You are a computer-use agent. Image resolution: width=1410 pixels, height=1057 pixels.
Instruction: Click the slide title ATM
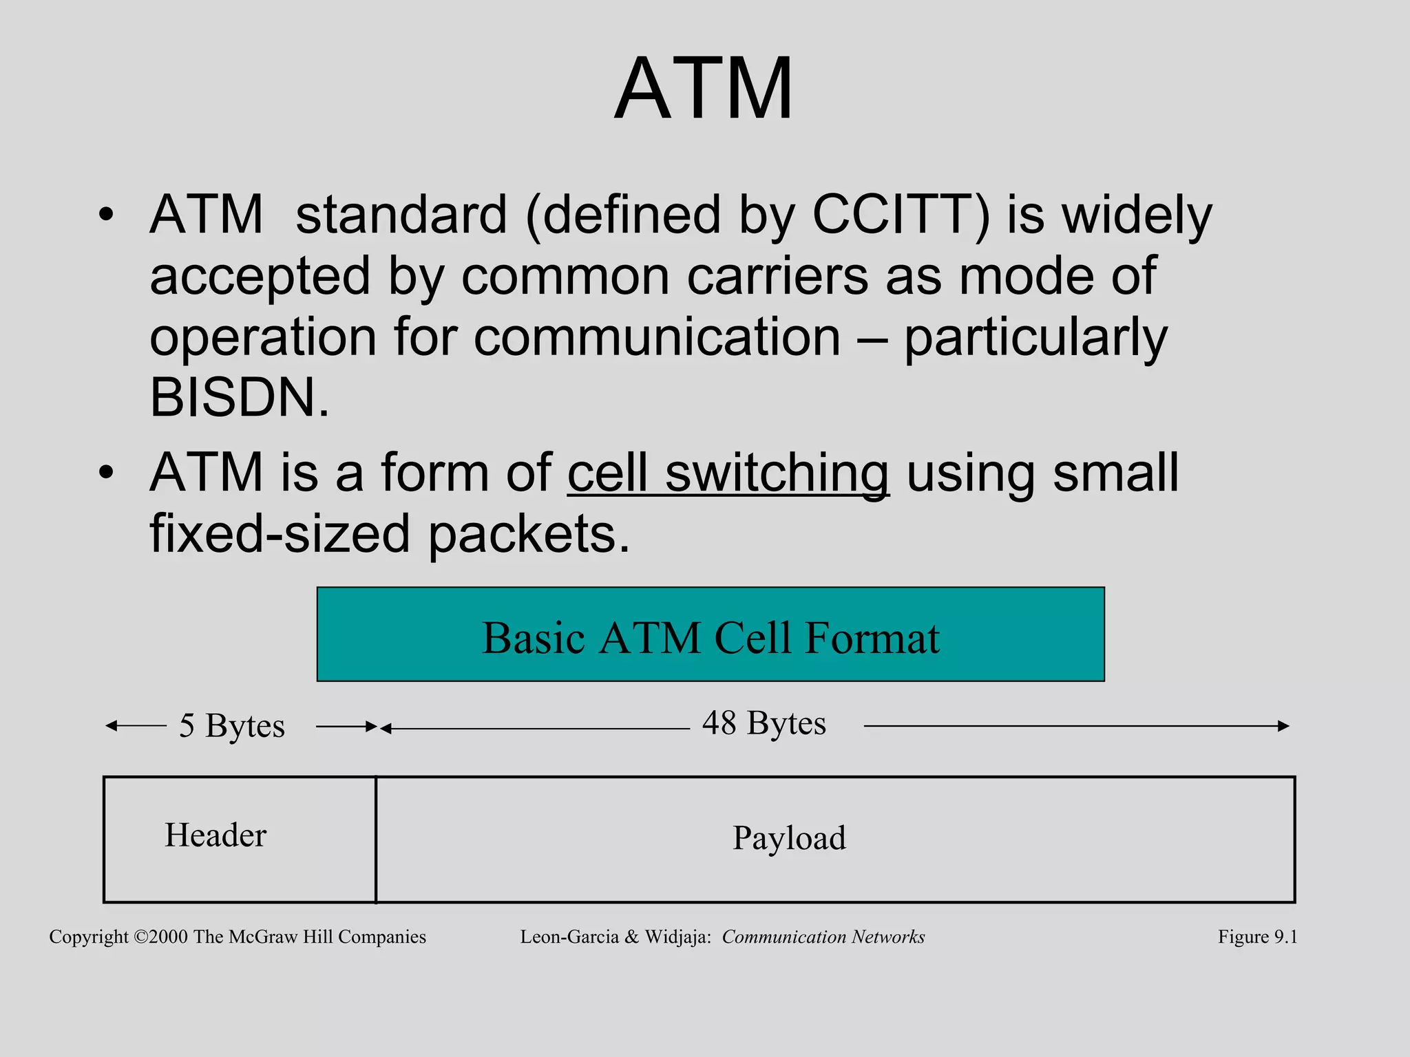pyautogui.click(x=704, y=89)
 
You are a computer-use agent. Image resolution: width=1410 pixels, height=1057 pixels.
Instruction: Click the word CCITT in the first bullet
pyautogui.click(x=901, y=215)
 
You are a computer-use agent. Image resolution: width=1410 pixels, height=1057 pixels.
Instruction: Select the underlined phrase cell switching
pyautogui.click(x=728, y=473)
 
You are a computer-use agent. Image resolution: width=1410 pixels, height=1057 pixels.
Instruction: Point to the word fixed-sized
pyautogui.click(x=280, y=534)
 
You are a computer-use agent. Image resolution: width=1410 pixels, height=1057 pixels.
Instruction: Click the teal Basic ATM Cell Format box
pyautogui.click(x=711, y=634)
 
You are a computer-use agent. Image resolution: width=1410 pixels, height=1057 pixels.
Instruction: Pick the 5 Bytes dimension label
pyautogui.click(x=232, y=726)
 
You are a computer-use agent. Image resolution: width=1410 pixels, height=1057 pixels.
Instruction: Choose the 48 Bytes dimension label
pyautogui.click(x=764, y=723)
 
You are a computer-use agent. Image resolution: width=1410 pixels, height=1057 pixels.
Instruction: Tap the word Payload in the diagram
pyautogui.click(x=789, y=838)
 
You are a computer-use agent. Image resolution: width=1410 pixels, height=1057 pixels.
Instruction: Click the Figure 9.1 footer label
pyautogui.click(x=1257, y=937)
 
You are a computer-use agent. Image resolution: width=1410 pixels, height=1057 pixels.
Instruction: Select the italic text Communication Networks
pyautogui.click(x=823, y=937)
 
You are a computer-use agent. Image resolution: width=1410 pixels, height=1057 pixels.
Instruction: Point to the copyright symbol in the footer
pyautogui.click(x=140, y=937)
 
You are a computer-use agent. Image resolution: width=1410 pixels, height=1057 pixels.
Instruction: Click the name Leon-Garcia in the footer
pyautogui.click(x=569, y=937)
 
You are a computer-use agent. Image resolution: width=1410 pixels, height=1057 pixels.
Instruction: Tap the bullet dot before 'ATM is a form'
pyautogui.click(x=105, y=473)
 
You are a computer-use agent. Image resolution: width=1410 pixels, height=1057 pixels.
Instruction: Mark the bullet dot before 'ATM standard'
pyautogui.click(x=105, y=215)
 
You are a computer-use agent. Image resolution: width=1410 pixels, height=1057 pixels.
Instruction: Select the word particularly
pyautogui.click(x=1035, y=337)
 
